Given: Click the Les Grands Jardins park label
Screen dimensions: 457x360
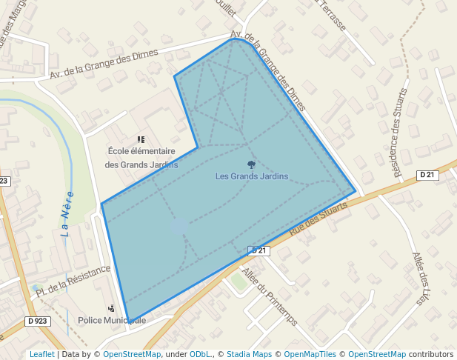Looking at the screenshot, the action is (x=251, y=176).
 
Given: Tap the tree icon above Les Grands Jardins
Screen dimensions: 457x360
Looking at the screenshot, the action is (x=252, y=164).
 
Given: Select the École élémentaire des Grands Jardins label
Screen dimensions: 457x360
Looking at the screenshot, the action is (x=141, y=158).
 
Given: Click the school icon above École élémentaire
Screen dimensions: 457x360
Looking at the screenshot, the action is (x=141, y=139).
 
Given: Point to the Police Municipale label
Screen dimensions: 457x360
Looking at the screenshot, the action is (x=111, y=320).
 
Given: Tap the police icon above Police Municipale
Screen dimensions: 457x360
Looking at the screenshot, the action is (x=111, y=307).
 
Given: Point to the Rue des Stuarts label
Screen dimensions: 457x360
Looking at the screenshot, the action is (x=318, y=220).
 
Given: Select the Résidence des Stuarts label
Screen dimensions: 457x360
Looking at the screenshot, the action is (x=400, y=133).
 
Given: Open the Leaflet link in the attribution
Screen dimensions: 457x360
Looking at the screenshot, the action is (x=41, y=354).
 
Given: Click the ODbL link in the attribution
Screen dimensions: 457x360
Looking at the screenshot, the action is (x=201, y=354).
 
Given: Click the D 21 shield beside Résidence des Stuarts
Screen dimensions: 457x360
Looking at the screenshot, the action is (x=427, y=175).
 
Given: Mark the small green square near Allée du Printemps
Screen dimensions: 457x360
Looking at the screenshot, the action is (x=238, y=281).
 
